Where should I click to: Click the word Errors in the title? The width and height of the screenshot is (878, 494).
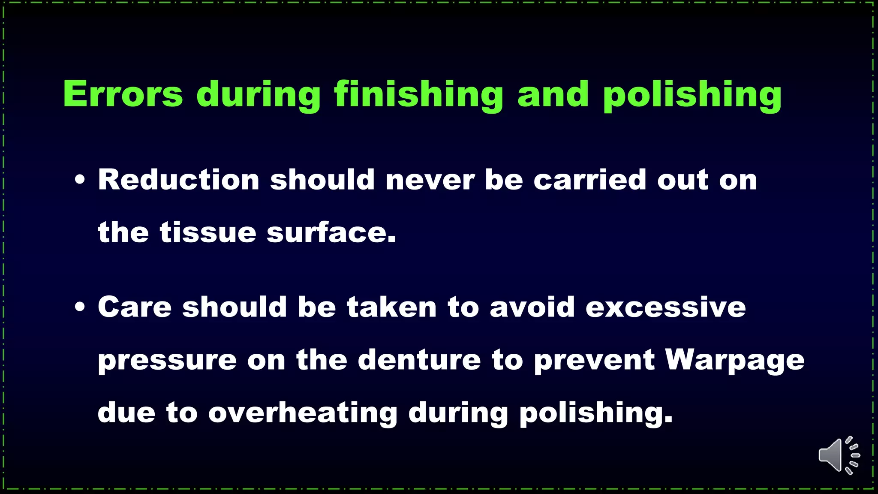[123, 94]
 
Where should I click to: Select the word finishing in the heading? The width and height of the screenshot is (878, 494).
[418, 94]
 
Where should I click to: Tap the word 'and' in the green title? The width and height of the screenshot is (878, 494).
[553, 94]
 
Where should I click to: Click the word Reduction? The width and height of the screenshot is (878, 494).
[179, 179]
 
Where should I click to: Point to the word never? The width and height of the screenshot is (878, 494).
[430, 179]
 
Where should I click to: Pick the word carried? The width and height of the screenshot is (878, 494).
[589, 179]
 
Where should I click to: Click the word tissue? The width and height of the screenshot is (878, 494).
[208, 232]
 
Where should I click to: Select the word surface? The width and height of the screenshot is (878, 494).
[331, 232]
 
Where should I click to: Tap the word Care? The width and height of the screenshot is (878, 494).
[135, 307]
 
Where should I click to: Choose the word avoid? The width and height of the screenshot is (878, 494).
[532, 307]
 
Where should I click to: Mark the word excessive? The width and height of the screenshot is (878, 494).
[666, 307]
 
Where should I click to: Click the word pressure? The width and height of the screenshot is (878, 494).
[167, 360]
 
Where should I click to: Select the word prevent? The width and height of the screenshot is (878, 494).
[594, 360]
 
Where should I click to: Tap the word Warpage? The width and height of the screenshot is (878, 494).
[735, 360]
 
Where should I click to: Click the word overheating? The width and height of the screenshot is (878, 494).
[303, 413]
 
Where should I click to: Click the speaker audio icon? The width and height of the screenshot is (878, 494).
[838, 455]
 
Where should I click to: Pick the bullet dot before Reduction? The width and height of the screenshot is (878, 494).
[80, 180]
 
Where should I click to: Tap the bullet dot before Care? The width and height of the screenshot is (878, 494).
[80, 307]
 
